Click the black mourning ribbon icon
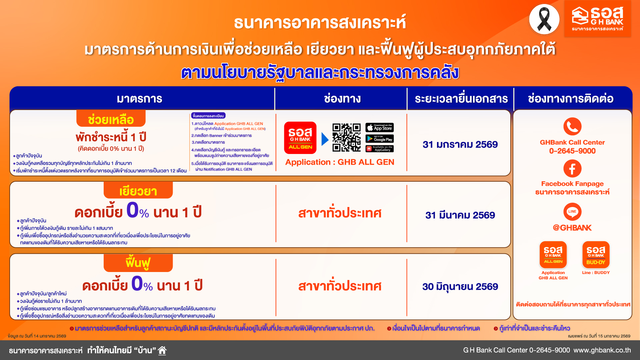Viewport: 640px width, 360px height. pyautogui.click(x=544, y=19)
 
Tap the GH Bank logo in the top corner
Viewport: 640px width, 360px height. pyautogui.click(x=597, y=19)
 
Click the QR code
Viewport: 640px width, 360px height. pyautogui.click(x=346, y=137)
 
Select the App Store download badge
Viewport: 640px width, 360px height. pyautogui.click(x=380, y=128)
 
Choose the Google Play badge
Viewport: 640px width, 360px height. pyautogui.click(x=380, y=139)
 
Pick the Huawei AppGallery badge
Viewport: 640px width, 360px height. pyautogui.click(x=380, y=149)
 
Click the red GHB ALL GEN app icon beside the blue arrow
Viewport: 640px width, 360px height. pyautogui.click(x=300, y=138)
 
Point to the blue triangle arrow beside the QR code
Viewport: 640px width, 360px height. pyautogui.click(x=325, y=139)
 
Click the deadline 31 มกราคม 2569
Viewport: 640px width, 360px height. pyautogui.click(x=460, y=144)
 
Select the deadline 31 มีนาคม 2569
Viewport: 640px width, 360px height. pyautogui.click(x=460, y=215)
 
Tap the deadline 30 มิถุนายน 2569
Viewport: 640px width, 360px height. pyautogui.click(x=460, y=287)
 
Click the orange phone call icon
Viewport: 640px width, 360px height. pyautogui.click(x=572, y=126)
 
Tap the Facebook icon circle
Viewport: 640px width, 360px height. pyautogui.click(x=572, y=169)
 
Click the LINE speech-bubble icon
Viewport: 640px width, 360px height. pyautogui.click(x=572, y=211)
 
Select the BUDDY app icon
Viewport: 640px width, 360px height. pyautogui.click(x=596, y=255)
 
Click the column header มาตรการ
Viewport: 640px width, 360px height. pyautogui.click(x=139, y=99)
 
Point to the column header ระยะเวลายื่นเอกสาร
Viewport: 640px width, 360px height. pyautogui.click(x=461, y=99)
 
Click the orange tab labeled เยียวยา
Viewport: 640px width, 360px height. pyautogui.click(x=138, y=191)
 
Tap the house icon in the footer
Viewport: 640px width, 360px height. pyautogui.click(x=162, y=350)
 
